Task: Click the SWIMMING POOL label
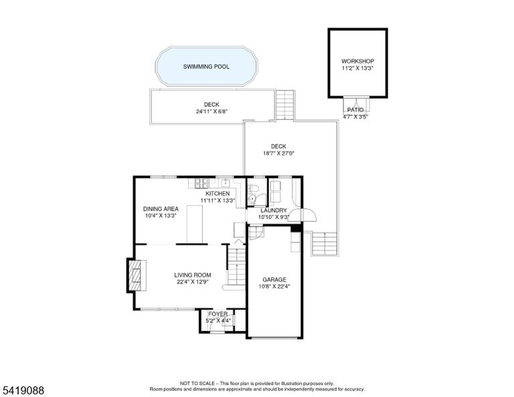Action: [x=206, y=67]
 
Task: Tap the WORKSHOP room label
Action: [x=357, y=61]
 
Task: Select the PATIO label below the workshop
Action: [x=355, y=110]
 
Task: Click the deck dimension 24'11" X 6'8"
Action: [x=211, y=112]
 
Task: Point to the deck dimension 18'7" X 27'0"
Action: [x=278, y=153]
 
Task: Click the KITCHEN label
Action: [x=218, y=194]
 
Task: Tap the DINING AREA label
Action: [x=161, y=209]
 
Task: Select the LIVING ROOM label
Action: [x=193, y=275]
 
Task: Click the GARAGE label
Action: [x=274, y=280]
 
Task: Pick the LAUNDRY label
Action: [x=274, y=211]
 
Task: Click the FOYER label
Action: [x=218, y=314]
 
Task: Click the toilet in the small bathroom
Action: [x=254, y=188]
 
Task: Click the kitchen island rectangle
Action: [x=195, y=225]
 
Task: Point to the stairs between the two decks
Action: [x=285, y=105]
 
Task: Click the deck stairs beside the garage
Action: [x=325, y=244]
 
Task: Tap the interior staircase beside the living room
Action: [x=237, y=267]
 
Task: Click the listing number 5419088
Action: [x=23, y=390]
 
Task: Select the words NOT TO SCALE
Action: [x=197, y=383]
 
